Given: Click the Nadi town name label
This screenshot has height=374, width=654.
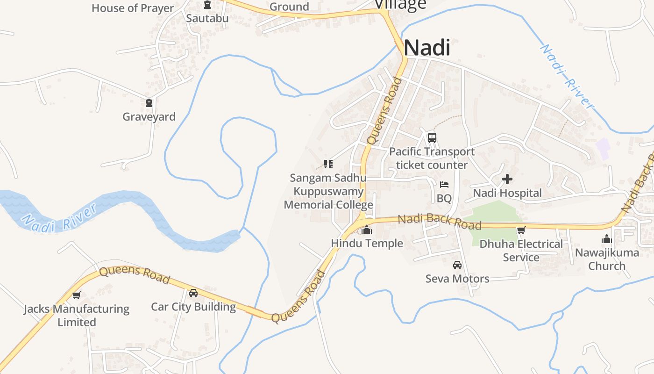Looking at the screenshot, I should tap(427, 48).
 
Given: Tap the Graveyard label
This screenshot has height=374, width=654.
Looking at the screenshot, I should tap(149, 116).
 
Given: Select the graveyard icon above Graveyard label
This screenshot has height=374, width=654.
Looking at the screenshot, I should tap(149, 103).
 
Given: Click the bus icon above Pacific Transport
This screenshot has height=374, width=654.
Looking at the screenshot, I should tap(432, 138).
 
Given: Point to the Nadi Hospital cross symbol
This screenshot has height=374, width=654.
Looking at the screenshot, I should tap(507, 179).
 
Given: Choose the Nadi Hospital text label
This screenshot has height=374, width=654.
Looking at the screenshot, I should tap(507, 193).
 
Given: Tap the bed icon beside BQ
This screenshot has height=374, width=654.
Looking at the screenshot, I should tap(444, 185).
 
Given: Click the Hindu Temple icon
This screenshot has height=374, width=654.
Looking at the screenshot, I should tap(367, 230).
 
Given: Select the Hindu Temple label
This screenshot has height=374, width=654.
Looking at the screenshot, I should tap(367, 243).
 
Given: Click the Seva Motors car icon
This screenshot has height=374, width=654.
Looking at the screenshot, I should tap(457, 265).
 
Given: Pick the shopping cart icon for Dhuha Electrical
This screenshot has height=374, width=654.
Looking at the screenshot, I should tap(521, 230).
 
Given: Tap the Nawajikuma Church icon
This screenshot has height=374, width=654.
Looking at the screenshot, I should tap(607, 239).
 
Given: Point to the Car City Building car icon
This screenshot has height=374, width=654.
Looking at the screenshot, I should tap(193, 293).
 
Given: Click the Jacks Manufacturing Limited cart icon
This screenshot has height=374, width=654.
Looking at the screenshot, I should tap(77, 295).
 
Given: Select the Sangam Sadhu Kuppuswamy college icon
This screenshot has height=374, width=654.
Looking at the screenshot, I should tap(328, 164).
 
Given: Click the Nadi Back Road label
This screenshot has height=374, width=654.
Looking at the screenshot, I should tap(439, 222).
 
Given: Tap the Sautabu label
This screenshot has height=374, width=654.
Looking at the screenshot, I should tap(207, 18).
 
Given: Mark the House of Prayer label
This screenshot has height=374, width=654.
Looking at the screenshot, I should tap(133, 8).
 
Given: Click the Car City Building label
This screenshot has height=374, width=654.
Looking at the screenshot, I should tap(193, 307).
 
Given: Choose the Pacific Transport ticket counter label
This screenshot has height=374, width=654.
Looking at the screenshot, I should tap(432, 158).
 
